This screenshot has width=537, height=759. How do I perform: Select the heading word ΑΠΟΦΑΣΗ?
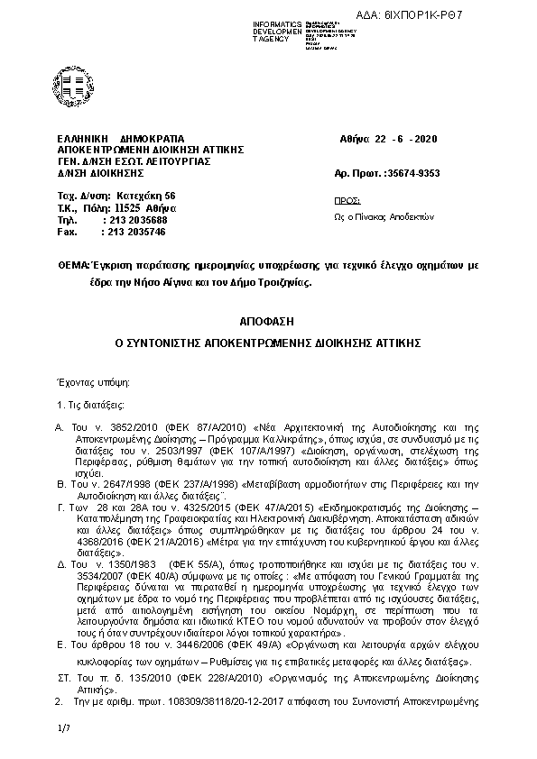click(x=268, y=321)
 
